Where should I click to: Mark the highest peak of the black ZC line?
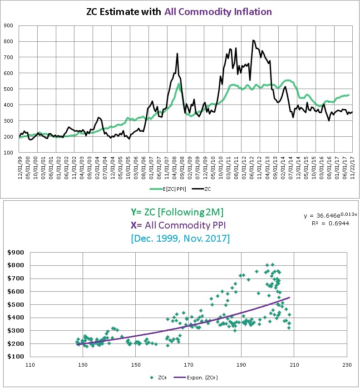(x=253, y=40)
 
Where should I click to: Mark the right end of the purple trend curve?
(x=289, y=298)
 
